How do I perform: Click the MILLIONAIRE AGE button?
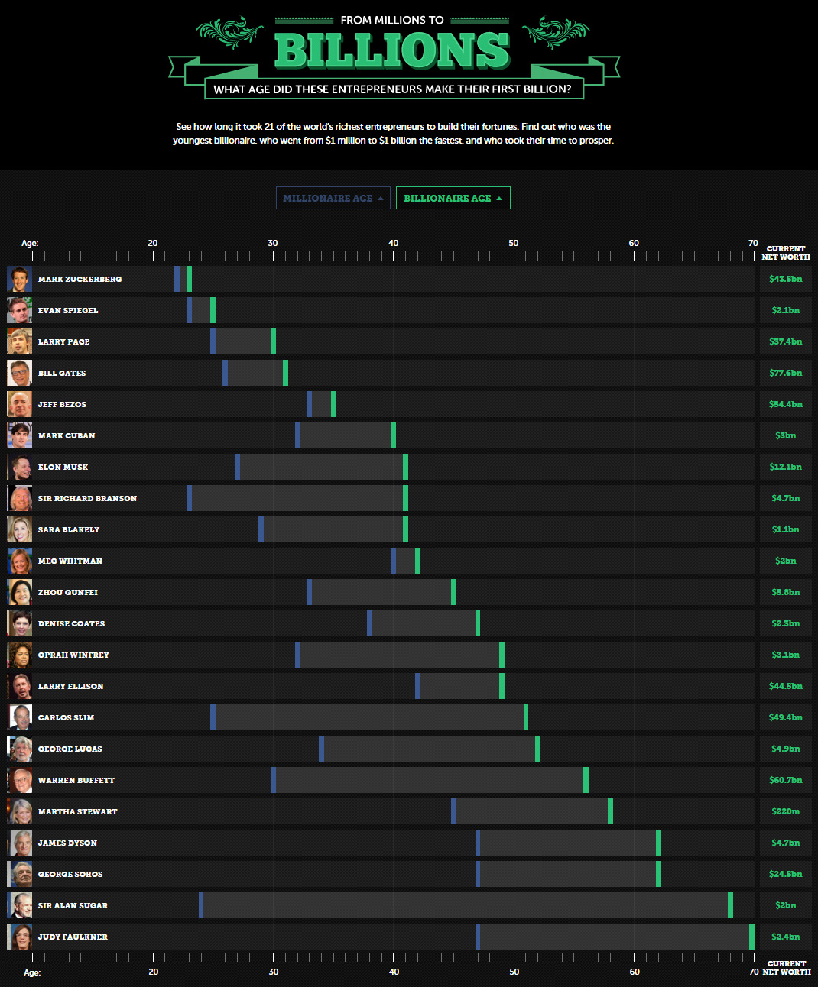(333, 198)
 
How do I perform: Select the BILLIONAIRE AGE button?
(453, 198)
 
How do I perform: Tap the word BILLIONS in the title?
(391, 50)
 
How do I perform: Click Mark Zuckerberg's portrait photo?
(19, 279)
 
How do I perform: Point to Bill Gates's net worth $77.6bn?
(785, 373)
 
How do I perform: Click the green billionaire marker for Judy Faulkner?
(751, 937)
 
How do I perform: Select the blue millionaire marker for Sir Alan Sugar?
(201, 905)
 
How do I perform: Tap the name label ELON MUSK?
(63, 467)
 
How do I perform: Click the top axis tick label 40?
(393, 243)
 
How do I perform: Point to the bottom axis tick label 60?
(635, 972)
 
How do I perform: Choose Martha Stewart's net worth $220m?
(785, 811)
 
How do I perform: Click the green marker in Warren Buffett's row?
(586, 780)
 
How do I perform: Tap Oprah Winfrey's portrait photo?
(19, 655)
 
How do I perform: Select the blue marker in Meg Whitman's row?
(393, 561)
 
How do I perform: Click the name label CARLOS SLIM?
(66, 717)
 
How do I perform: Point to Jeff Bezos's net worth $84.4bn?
(785, 404)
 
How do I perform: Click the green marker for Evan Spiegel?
(213, 310)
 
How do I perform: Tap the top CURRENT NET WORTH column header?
(785, 253)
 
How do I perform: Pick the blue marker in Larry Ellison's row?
(417, 686)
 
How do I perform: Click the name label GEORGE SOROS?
(70, 874)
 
